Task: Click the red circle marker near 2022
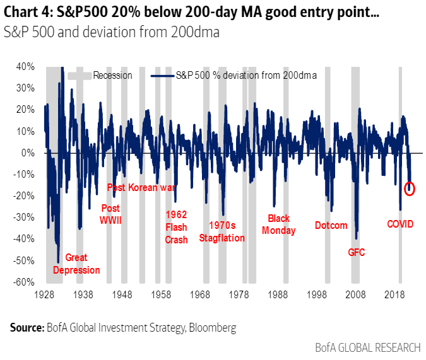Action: (409, 188)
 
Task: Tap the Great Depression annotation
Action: (76, 264)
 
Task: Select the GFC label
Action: (357, 252)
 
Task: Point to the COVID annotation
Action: (400, 223)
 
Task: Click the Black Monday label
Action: (278, 224)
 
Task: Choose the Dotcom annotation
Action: (331, 224)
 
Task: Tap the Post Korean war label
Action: (141, 187)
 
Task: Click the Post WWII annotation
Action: (110, 214)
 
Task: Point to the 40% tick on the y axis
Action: (27, 66)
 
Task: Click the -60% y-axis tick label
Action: (25, 282)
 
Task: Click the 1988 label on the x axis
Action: (278, 294)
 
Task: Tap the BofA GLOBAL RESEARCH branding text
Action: (367, 347)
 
